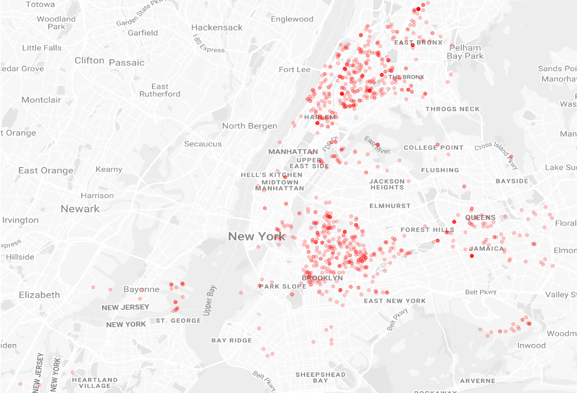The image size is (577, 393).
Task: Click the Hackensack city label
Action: (x=217, y=27)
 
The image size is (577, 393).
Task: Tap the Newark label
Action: (x=80, y=209)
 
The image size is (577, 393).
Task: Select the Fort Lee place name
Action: (x=294, y=69)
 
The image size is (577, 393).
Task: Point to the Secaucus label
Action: (x=203, y=144)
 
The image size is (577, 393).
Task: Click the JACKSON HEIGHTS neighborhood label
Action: (x=387, y=184)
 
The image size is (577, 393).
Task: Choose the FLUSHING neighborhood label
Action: (x=440, y=170)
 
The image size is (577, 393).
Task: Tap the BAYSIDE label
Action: (x=512, y=181)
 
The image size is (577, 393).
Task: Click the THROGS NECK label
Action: (x=452, y=109)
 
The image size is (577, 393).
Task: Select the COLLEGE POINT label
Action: (x=433, y=148)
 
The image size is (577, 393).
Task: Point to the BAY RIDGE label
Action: (x=232, y=340)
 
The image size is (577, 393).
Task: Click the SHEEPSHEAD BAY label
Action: (x=320, y=377)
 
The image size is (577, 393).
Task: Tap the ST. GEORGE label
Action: (x=178, y=320)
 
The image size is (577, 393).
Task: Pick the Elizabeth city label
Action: (x=39, y=295)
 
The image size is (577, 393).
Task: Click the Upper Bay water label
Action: (x=209, y=301)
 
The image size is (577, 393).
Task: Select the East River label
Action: (x=377, y=145)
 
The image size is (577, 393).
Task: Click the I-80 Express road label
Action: (x=208, y=44)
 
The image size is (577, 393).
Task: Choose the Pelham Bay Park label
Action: (x=465, y=52)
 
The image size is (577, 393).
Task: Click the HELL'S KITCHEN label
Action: (x=271, y=175)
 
